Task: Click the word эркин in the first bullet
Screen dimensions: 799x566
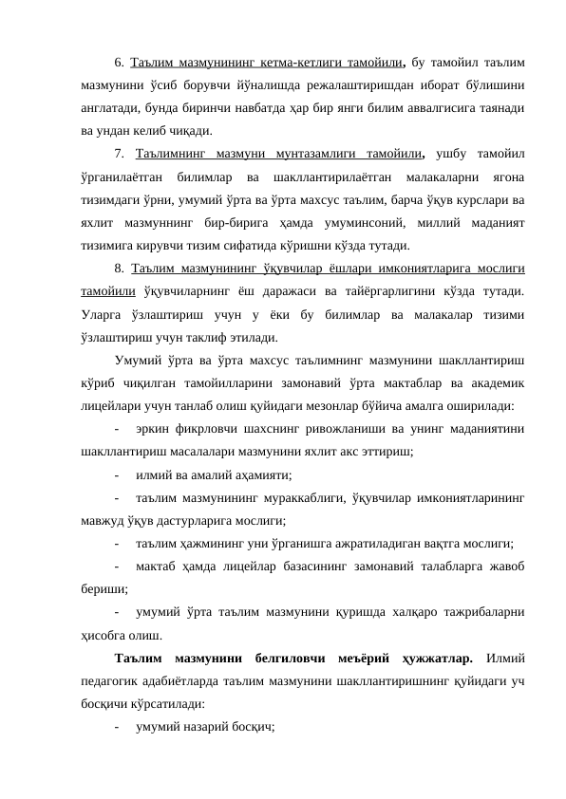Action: coord(155,427)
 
